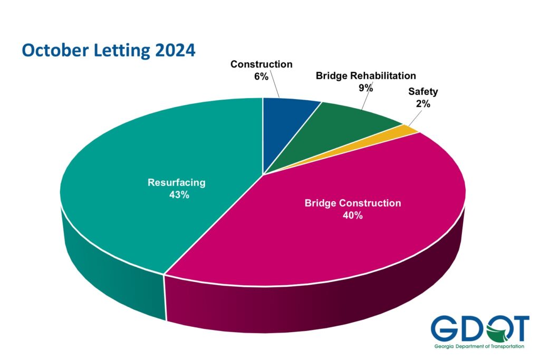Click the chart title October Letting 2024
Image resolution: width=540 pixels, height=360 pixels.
(x=108, y=51)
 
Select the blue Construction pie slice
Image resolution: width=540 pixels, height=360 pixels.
(x=287, y=127)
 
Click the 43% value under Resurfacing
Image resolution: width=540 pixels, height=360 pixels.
(x=177, y=195)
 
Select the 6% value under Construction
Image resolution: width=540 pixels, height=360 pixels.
(x=261, y=76)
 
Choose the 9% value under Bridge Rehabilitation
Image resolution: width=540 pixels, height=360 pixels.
(x=365, y=88)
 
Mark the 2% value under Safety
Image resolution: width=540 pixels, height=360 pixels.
(x=423, y=104)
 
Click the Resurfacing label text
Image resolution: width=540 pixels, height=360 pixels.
(x=177, y=183)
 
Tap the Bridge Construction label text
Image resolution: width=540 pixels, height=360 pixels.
(x=352, y=203)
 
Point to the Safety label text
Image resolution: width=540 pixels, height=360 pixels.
(x=423, y=92)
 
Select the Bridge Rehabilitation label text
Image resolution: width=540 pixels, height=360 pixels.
(x=365, y=76)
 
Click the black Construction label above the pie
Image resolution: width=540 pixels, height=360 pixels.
(x=261, y=65)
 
